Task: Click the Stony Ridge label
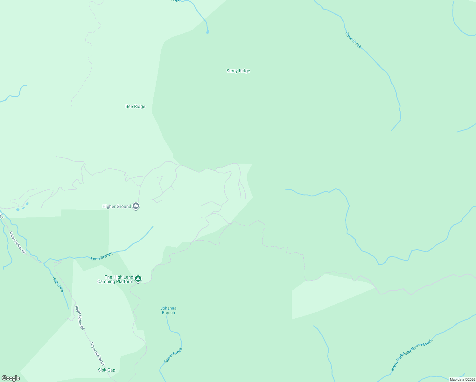click(238, 71)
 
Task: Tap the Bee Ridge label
click(135, 107)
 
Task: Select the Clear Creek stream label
click(353, 40)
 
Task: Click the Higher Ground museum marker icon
click(136, 206)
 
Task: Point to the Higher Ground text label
click(117, 207)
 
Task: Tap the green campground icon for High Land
click(138, 279)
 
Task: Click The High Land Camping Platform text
click(115, 279)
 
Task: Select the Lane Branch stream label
click(101, 256)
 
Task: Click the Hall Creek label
click(59, 285)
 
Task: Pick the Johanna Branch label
click(168, 310)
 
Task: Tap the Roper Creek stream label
click(173, 355)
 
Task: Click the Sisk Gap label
click(107, 370)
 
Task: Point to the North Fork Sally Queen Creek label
click(412, 355)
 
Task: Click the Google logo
click(11, 378)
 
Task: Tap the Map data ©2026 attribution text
click(462, 379)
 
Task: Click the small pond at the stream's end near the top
click(208, 32)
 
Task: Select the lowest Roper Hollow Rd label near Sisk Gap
click(97, 354)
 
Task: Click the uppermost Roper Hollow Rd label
click(17, 243)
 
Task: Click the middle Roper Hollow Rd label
click(80, 318)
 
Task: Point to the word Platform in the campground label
click(124, 282)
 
